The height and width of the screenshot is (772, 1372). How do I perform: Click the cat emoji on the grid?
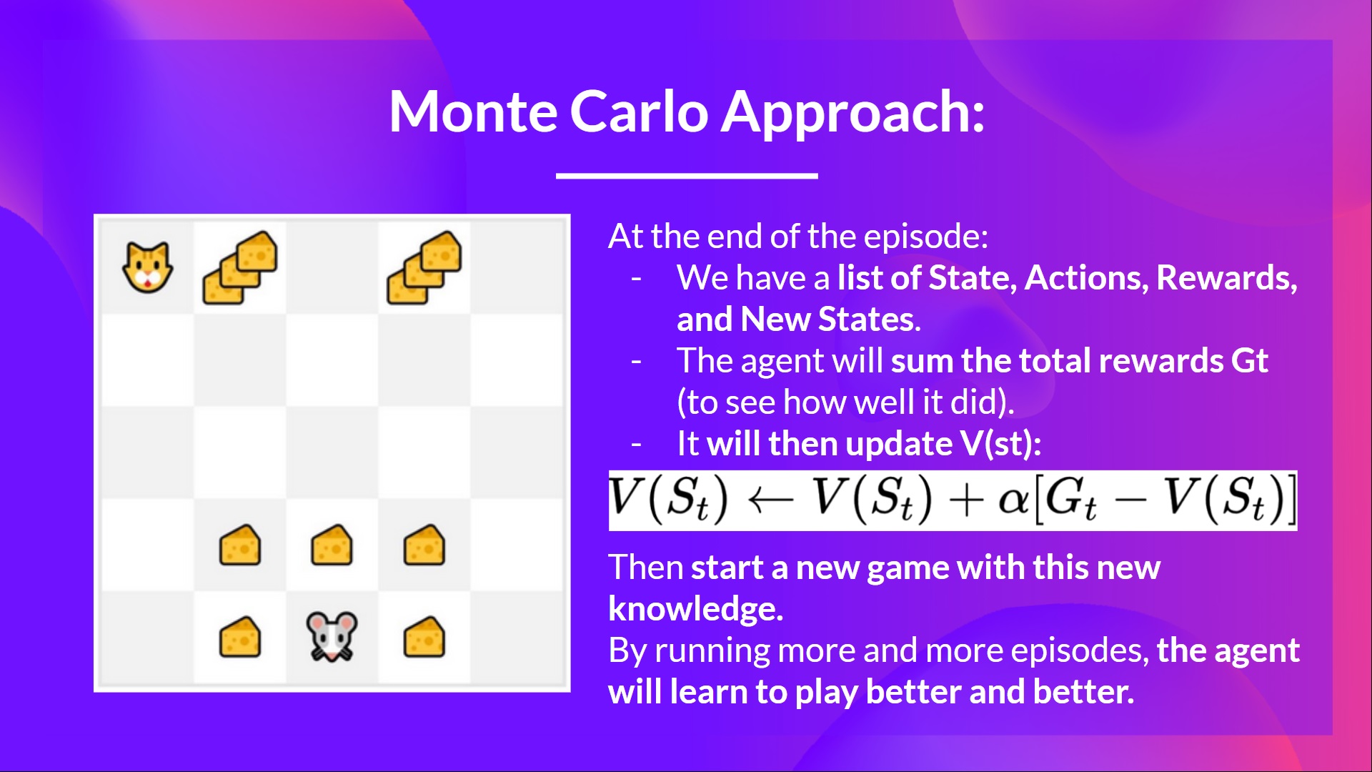[148, 267]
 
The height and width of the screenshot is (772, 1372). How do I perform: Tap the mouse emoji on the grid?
[332, 636]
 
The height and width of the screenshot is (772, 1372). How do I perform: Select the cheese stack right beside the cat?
[240, 267]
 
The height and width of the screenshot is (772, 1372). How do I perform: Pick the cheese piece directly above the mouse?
[332, 545]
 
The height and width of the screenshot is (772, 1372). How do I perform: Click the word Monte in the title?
[472, 112]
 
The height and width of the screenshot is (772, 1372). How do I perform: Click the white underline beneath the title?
[687, 175]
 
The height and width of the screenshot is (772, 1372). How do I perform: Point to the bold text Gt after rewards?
[1249, 361]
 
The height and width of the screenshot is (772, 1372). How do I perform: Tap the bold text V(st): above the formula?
[1000, 444]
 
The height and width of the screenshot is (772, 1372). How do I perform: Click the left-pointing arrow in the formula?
[770, 500]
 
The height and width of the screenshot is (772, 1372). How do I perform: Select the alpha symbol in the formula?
[1013, 500]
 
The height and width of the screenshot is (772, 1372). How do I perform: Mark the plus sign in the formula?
[965, 500]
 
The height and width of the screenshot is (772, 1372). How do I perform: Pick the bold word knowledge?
[695, 610]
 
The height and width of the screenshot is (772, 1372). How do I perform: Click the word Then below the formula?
[646, 568]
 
